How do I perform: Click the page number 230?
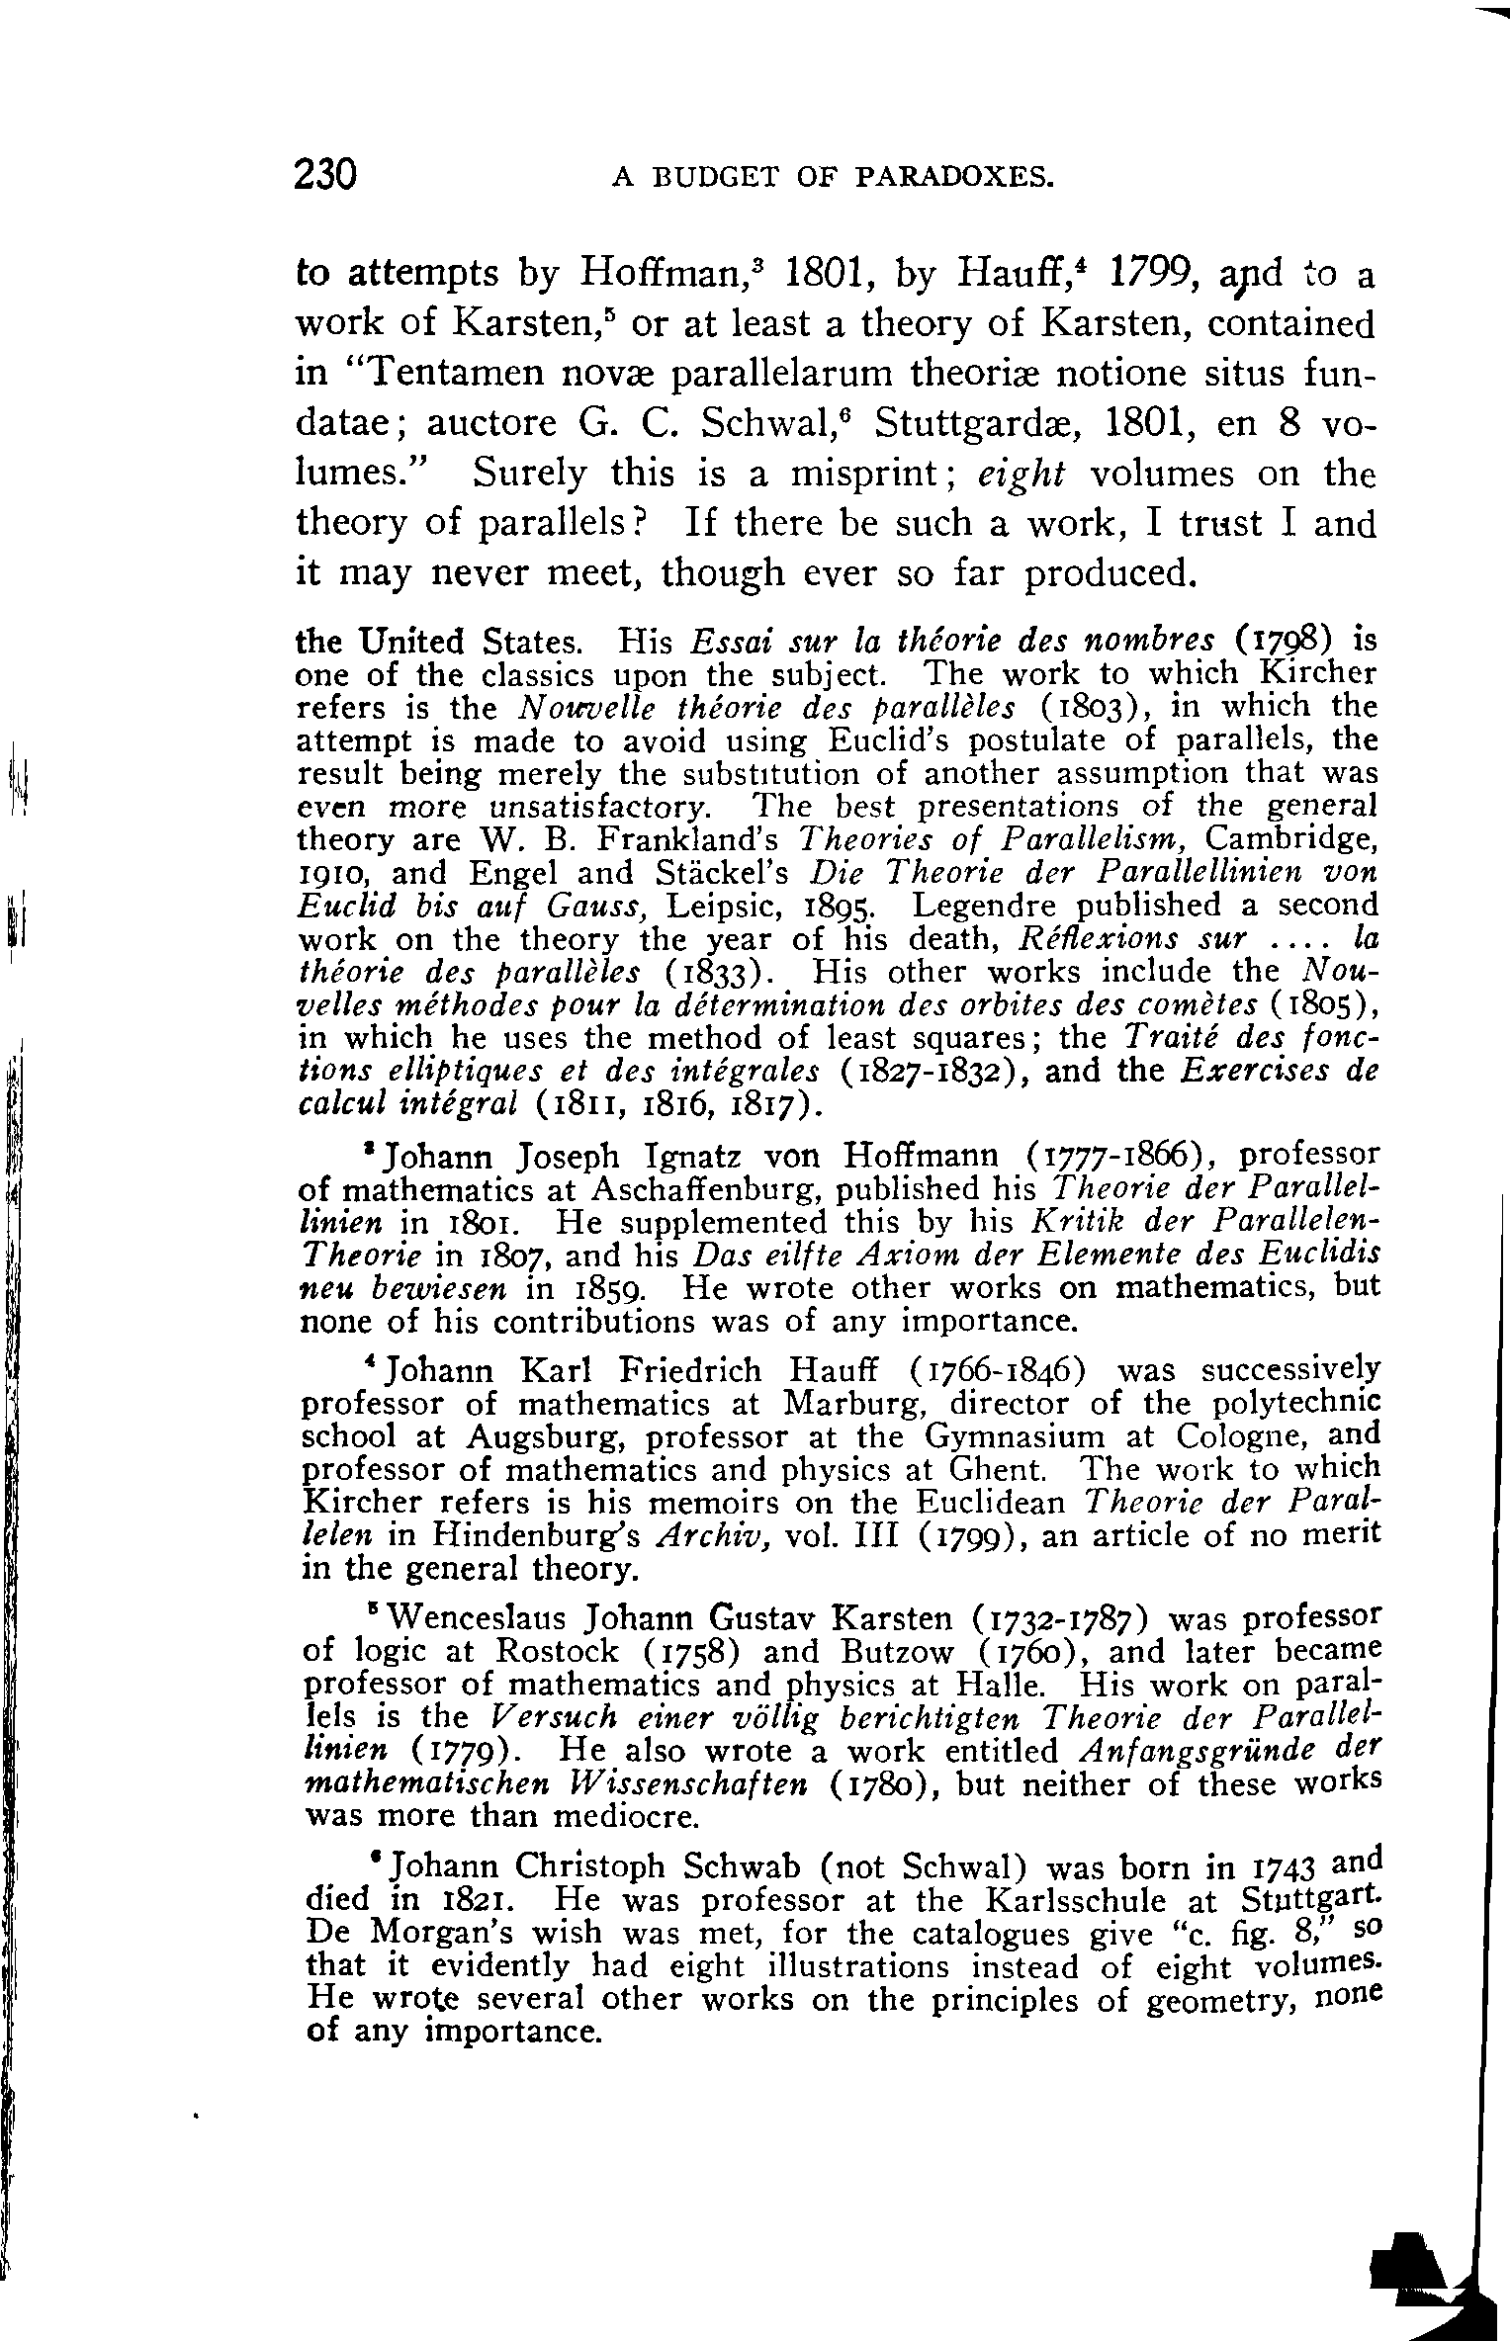click(x=325, y=175)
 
